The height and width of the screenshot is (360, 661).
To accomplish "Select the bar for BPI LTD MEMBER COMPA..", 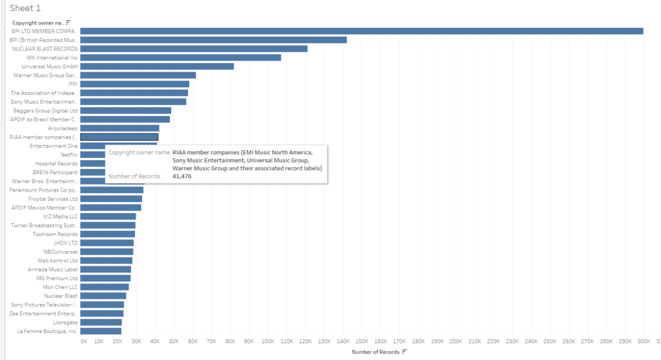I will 361,31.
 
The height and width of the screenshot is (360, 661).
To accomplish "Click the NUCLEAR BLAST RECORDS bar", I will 194,48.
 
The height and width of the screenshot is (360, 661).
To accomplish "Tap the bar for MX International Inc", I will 181,57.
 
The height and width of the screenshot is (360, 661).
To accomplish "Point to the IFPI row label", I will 73,84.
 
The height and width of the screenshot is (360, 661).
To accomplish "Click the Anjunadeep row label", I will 63,128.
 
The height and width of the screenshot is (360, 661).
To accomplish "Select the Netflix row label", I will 69,155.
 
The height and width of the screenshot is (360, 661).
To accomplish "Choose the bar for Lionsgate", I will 101,322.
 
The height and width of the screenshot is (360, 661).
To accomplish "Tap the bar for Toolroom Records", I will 107,234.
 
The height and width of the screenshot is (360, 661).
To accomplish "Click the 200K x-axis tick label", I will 456,341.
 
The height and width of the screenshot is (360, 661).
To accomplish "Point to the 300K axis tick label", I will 644,341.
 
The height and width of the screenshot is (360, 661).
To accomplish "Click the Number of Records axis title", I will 376,352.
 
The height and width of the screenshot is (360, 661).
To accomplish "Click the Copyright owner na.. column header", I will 38,23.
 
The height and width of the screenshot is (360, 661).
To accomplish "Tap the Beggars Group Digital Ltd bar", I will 125,110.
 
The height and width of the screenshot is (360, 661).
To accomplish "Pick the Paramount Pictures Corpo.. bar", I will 112,190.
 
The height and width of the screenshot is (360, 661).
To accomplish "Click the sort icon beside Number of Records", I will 405,352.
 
